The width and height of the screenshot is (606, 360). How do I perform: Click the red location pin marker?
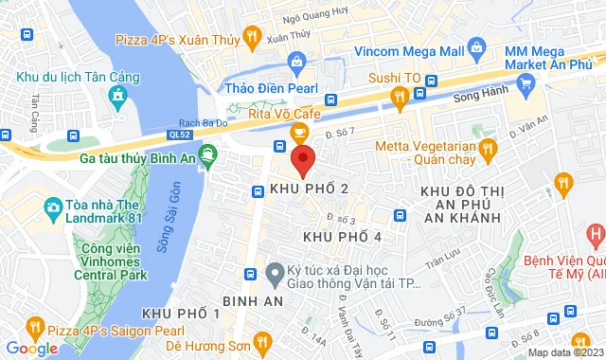click(302, 159)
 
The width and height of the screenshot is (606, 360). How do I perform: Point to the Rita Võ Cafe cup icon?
click(299, 131)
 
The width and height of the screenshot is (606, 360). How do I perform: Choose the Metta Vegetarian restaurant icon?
click(488, 148)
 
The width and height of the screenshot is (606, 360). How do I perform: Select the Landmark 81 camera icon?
click(53, 207)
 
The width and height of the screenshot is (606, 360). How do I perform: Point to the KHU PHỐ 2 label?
click(310, 189)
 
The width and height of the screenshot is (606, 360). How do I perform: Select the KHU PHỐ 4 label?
click(343, 235)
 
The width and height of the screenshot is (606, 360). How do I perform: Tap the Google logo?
click(31, 349)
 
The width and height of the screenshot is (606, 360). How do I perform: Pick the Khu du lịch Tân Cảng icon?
click(116, 95)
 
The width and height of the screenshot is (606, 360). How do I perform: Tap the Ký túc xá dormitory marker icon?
click(274, 273)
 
